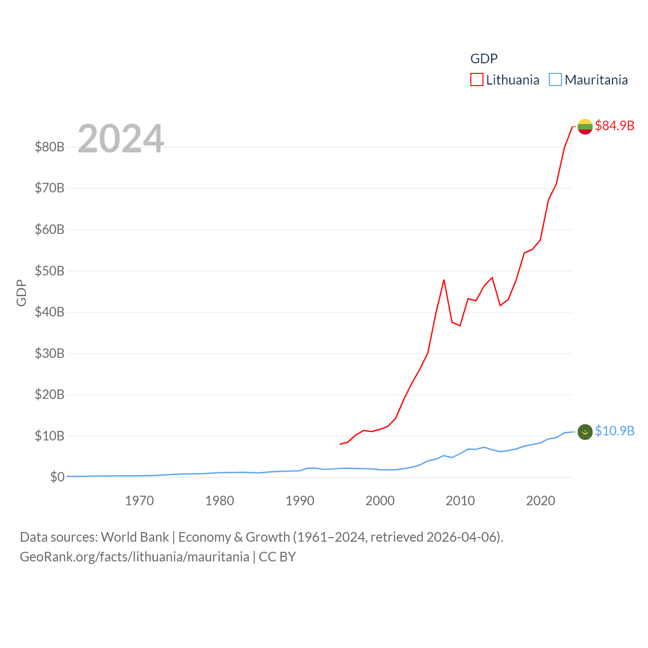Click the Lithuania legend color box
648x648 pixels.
pyautogui.click(x=477, y=80)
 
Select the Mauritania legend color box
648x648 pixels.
pyautogui.click(x=555, y=80)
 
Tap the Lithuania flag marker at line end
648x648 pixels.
pyautogui.click(x=585, y=127)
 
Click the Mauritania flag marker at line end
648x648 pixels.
pyautogui.click(x=585, y=432)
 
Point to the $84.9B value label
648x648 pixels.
pyautogui.click(x=615, y=126)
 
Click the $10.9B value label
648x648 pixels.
pyautogui.click(x=615, y=431)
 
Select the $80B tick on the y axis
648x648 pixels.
pyautogui.click(x=50, y=147)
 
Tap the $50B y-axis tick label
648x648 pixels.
pyautogui.click(x=50, y=271)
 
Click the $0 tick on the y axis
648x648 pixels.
pyautogui.click(x=57, y=477)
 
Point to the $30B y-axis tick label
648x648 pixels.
pyautogui.click(x=50, y=353)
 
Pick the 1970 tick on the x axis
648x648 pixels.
pyautogui.click(x=139, y=501)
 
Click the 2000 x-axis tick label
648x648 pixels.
pyautogui.click(x=380, y=501)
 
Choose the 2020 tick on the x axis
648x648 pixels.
pyautogui.click(x=541, y=501)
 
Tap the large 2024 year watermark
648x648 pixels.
pyautogui.click(x=121, y=138)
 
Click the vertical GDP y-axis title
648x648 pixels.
pyautogui.click(x=21, y=293)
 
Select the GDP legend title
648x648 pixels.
pyautogui.click(x=484, y=59)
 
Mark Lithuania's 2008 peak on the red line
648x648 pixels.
pyautogui.click(x=444, y=280)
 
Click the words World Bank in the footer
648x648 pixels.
pyautogui.click(x=135, y=537)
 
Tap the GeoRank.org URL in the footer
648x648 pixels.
pyautogui.click(x=135, y=557)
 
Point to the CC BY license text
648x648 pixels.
pyautogui.click(x=277, y=557)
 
